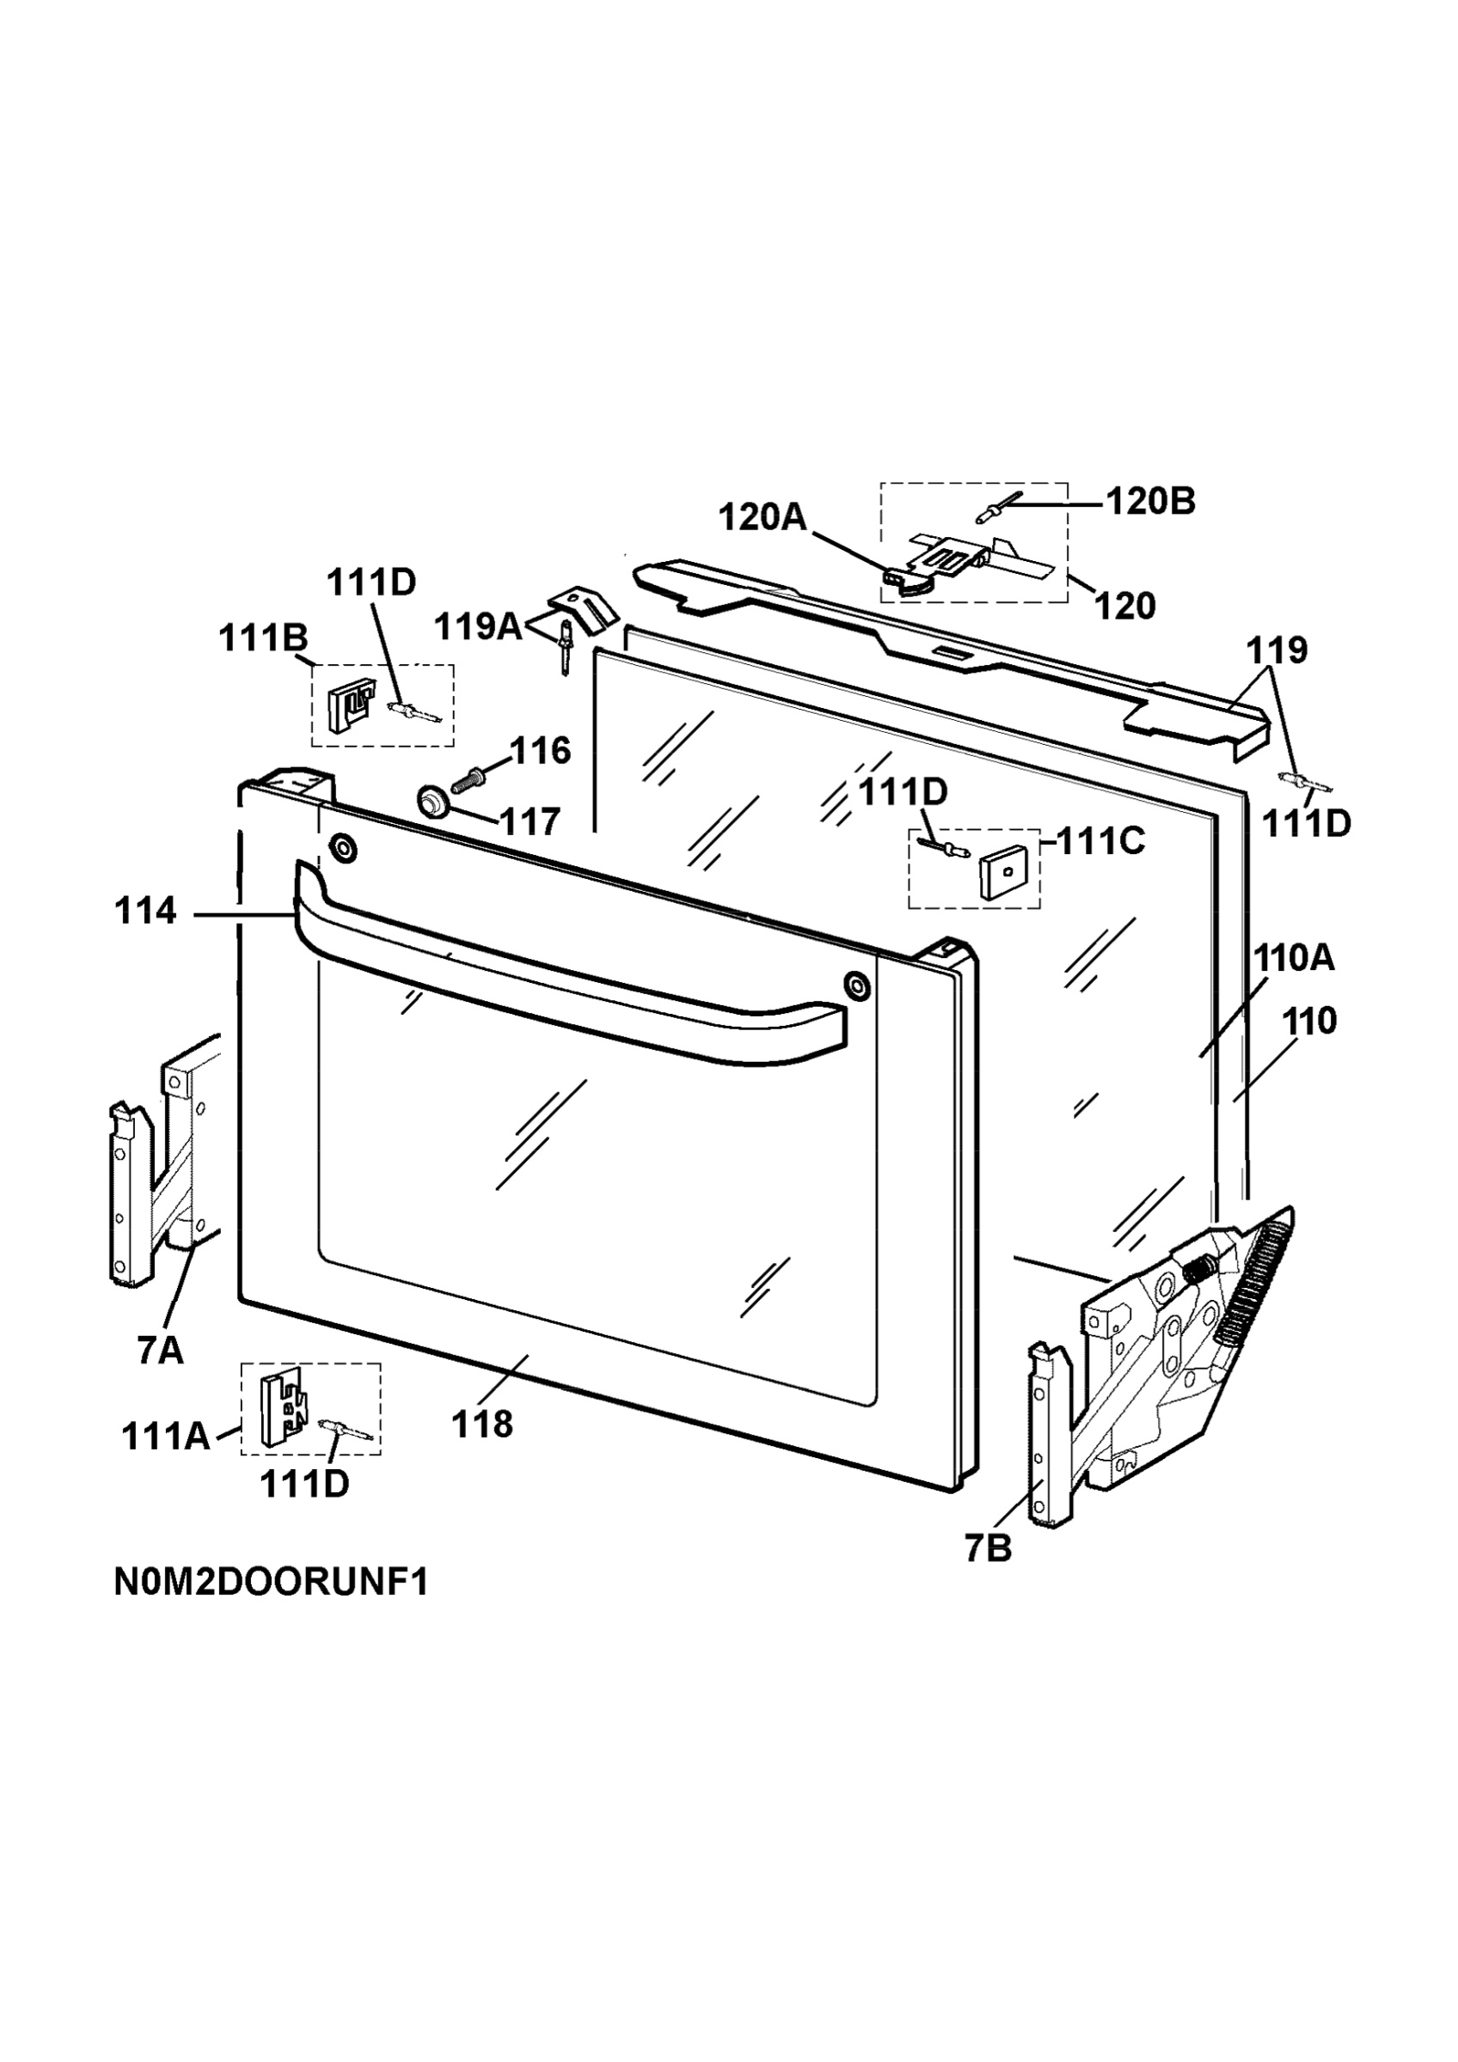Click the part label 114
coord(145,912)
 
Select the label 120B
coord(1150,502)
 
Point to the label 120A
coord(763,517)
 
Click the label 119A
coord(479,627)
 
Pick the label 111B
coord(263,638)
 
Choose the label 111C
coord(1100,841)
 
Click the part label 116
coord(541,751)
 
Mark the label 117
coord(530,821)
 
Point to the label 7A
coord(161,1350)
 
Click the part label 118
coord(482,1424)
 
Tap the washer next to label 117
coord(433,800)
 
